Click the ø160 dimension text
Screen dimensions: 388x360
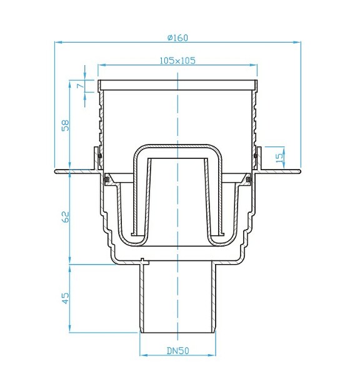pyautogui.click(x=177, y=37)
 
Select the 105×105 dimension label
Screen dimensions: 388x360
pyautogui.click(x=177, y=60)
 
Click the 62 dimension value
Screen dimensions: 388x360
pyautogui.click(x=65, y=217)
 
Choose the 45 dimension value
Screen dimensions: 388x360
pyautogui.click(x=65, y=299)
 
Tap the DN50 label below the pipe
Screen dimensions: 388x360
pyautogui.click(x=178, y=351)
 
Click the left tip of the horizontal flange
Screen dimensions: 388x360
pyautogui.click(x=56, y=170)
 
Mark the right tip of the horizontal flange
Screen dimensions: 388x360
pyautogui.click(x=300, y=170)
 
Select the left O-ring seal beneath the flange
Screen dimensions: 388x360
pyautogui.click(x=107, y=180)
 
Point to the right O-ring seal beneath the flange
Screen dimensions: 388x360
pyautogui.click(x=249, y=180)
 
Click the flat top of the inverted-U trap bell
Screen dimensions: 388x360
pyautogui.click(x=178, y=148)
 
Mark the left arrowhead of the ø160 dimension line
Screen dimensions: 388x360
pyautogui.click(x=58, y=43)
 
